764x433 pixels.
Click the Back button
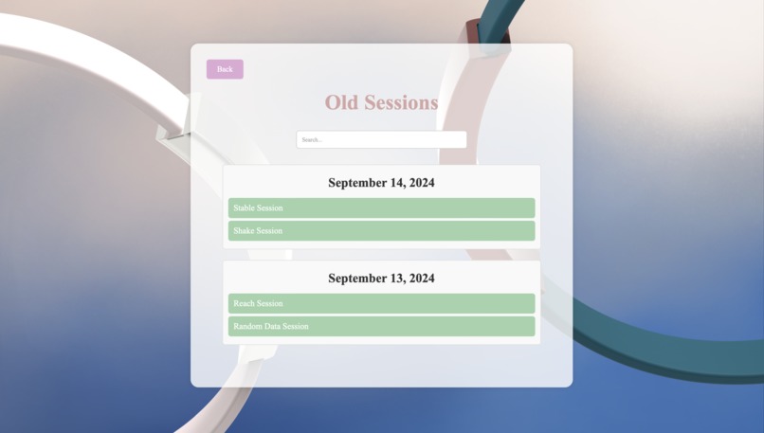pyautogui.click(x=225, y=69)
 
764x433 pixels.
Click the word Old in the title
pyautogui.click(x=341, y=102)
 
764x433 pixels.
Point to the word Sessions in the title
pyautogui.click(x=399, y=102)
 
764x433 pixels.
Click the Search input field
pyautogui.click(x=381, y=139)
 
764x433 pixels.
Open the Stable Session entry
pyautogui.click(x=381, y=207)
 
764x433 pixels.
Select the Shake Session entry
pyautogui.click(x=381, y=230)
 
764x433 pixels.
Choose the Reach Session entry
pyautogui.click(x=381, y=303)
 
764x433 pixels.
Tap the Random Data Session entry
pyautogui.click(x=381, y=326)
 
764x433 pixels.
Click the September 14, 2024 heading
pyautogui.click(x=381, y=183)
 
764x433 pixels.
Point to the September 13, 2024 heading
pyautogui.click(x=381, y=279)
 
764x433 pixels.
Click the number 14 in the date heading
pyautogui.click(x=397, y=183)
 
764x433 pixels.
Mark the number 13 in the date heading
pyautogui.click(x=397, y=279)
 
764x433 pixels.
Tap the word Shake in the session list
pyautogui.click(x=244, y=230)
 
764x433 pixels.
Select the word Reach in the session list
pyautogui.click(x=244, y=303)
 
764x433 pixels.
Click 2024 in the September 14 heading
pyautogui.click(x=422, y=183)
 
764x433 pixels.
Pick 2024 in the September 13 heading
pyautogui.click(x=422, y=279)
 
